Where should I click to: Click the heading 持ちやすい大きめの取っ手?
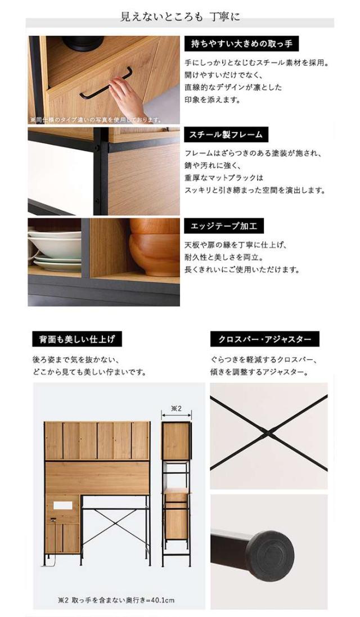point(241,44)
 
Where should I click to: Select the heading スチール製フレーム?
point(226,134)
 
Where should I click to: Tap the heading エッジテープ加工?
point(224,226)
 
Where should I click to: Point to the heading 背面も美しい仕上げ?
point(77,339)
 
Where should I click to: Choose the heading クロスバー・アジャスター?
point(264,339)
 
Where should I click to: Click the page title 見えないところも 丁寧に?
point(180,17)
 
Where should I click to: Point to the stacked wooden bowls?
point(155,246)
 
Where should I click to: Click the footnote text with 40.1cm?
point(116,601)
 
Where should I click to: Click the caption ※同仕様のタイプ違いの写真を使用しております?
point(96,120)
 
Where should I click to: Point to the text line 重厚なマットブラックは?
point(224,178)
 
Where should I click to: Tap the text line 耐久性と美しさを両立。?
point(224,258)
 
